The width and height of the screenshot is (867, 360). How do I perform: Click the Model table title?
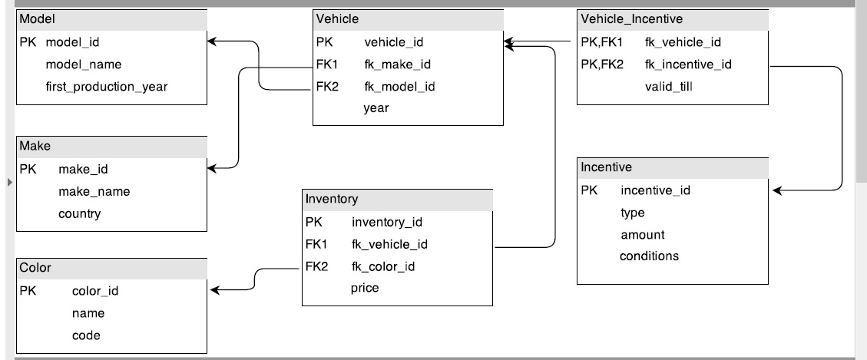point(37,18)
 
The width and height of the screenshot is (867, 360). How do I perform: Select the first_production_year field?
point(107,87)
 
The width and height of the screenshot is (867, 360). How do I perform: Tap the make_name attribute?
point(94,191)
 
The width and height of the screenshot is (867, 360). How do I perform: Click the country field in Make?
point(79,213)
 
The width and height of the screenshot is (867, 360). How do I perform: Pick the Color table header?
point(35,268)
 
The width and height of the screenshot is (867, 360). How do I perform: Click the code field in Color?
point(86,335)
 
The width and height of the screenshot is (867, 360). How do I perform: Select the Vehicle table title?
point(337,18)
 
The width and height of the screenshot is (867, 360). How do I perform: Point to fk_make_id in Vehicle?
point(397,64)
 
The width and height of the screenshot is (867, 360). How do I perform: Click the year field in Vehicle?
point(376,108)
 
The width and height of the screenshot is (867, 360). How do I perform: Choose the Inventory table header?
point(332,199)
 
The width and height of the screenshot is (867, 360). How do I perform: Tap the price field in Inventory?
point(365,289)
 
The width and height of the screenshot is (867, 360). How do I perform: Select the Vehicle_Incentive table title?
point(631,18)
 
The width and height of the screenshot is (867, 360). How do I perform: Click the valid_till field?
point(669,87)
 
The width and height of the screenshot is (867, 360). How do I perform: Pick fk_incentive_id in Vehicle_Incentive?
point(688,64)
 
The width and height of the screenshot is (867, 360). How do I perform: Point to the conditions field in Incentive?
point(649,256)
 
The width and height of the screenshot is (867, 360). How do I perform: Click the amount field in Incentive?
point(643,235)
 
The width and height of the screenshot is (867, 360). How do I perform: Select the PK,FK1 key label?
point(601,42)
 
